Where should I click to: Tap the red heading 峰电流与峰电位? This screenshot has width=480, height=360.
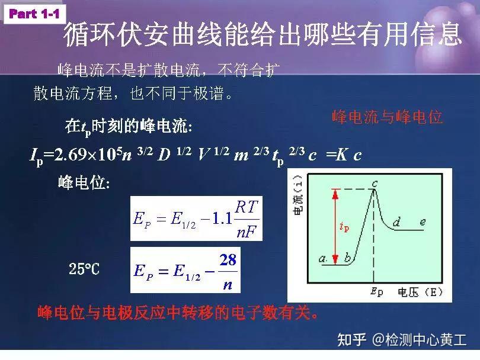(x=387, y=117)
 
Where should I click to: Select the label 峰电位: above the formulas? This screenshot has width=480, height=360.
(x=83, y=183)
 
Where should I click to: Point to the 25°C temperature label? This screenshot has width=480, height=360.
(x=84, y=270)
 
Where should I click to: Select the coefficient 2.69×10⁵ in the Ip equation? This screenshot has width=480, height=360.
(x=83, y=155)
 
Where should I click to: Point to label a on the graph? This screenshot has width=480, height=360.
(x=323, y=259)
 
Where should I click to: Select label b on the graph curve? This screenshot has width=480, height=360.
(x=347, y=259)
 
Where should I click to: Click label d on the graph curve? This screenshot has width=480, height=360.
(x=396, y=222)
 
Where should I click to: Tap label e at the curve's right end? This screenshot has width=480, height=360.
(x=423, y=221)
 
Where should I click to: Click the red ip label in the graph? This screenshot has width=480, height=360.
(x=344, y=226)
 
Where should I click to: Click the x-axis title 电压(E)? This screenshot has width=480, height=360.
(x=420, y=291)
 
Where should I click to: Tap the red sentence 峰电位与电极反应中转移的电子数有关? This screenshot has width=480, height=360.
(x=178, y=312)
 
